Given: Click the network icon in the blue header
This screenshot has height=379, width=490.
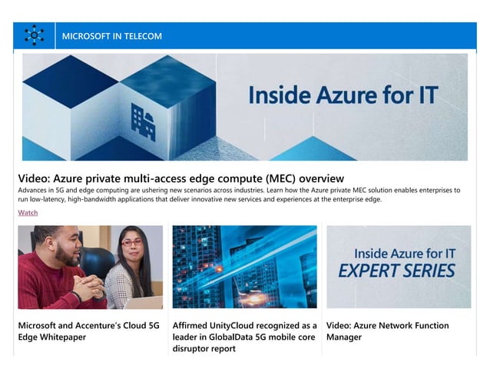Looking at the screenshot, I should pyautogui.click(x=34, y=35).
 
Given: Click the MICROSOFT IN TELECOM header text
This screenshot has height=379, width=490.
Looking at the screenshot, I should pyautogui.click(x=111, y=36).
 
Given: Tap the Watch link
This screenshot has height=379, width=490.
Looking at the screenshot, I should pyautogui.click(x=28, y=212).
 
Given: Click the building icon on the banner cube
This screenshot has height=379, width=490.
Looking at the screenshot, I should pyautogui.click(x=144, y=121).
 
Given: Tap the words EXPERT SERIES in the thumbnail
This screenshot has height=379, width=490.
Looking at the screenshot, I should pyautogui.click(x=397, y=271).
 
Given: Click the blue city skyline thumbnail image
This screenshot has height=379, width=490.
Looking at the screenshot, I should pyautogui.click(x=244, y=266).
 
